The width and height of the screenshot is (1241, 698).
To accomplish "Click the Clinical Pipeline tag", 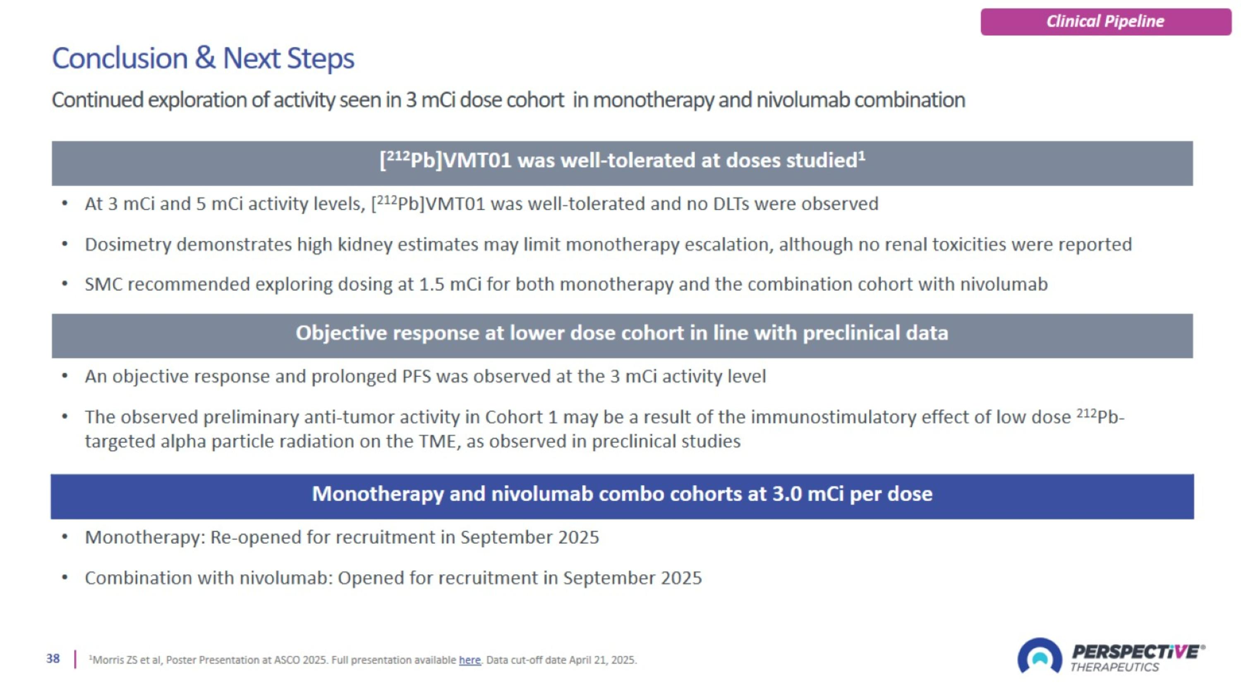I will [x=1105, y=22].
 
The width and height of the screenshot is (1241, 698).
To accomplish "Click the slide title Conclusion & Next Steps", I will [x=203, y=58].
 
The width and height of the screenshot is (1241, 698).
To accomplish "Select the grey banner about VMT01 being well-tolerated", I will [x=622, y=163].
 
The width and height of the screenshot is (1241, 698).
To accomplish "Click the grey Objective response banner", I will [x=622, y=335].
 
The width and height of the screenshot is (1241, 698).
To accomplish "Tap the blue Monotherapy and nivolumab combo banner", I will [x=622, y=496].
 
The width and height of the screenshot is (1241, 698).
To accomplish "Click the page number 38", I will [x=53, y=659].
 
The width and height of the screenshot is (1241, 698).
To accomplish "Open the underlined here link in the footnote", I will [x=469, y=660].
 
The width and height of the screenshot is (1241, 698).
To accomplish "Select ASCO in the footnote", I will [x=286, y=660].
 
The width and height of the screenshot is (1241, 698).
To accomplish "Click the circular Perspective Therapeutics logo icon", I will [x=1039, y=656].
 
